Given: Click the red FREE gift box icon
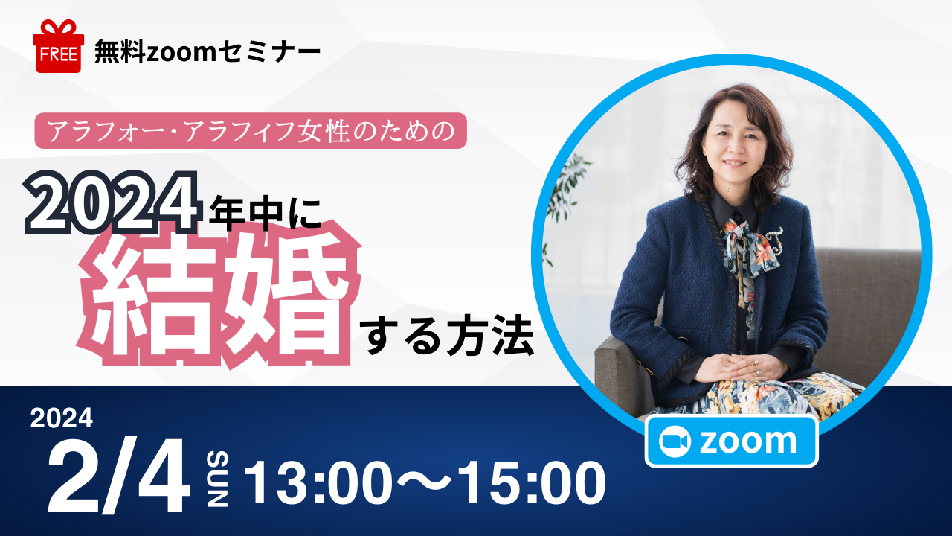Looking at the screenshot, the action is (58, 46).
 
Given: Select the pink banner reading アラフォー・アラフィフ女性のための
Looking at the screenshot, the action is (251, 130).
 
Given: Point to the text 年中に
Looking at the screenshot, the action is (265, 213).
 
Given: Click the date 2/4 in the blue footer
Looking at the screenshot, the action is (119, 475).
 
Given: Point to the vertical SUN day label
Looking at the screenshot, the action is (217, 479).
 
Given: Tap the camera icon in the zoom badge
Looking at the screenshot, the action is (675, 441).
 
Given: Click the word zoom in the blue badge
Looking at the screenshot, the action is (748, 441).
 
